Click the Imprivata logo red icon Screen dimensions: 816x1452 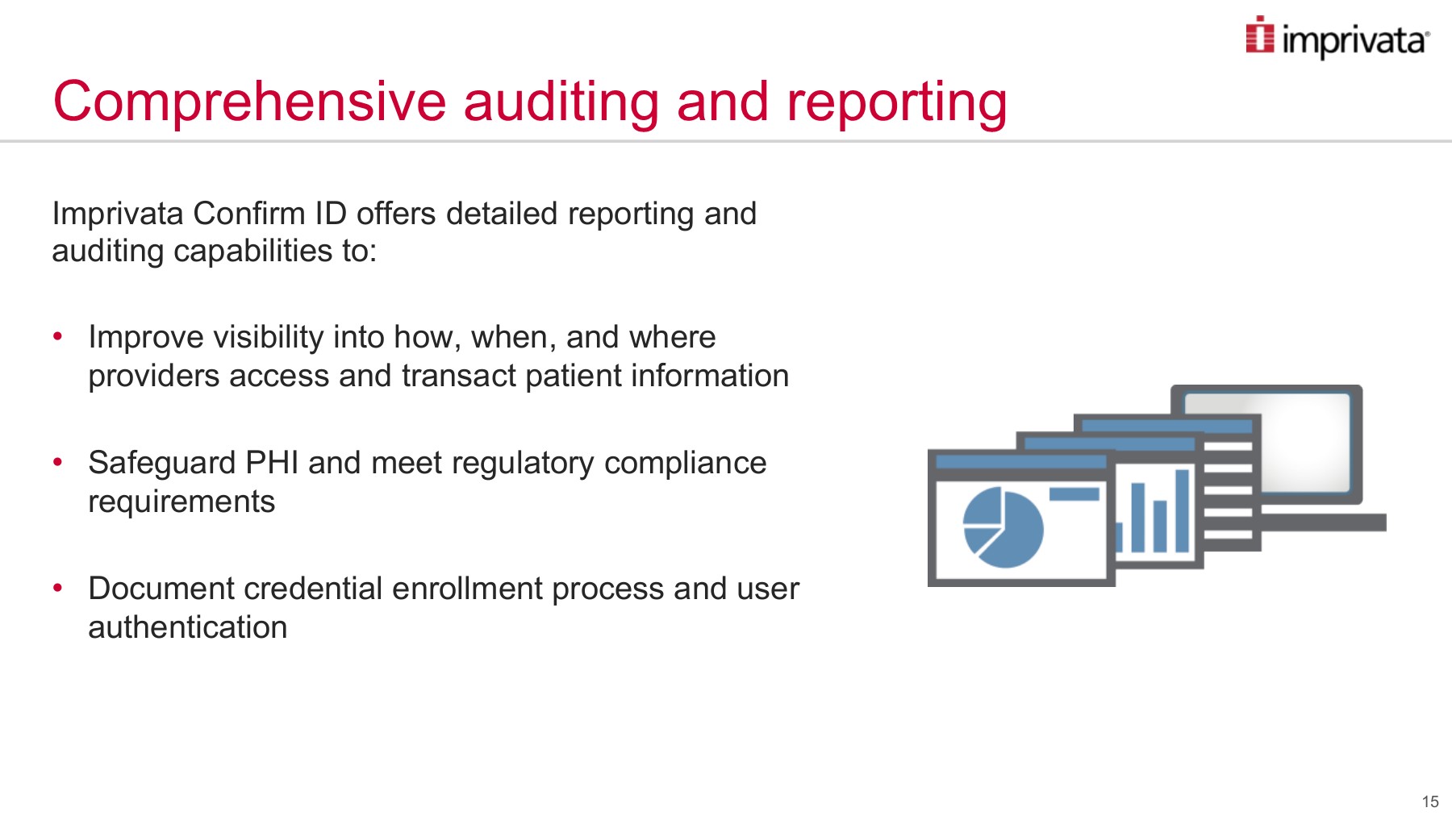(1259, 36)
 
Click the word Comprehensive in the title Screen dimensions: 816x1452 (249, 102)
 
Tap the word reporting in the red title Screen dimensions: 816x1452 (896, 102)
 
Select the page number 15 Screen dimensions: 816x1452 (1429, 801)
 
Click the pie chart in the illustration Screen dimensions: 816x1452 (1003, 528)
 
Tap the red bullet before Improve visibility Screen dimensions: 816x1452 (57, 337)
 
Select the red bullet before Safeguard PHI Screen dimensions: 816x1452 (57, 463)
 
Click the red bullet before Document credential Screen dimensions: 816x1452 (57, 589)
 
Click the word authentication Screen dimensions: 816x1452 (187, 627)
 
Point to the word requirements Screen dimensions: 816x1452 (181, 502)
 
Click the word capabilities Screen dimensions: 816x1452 (252, 251)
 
